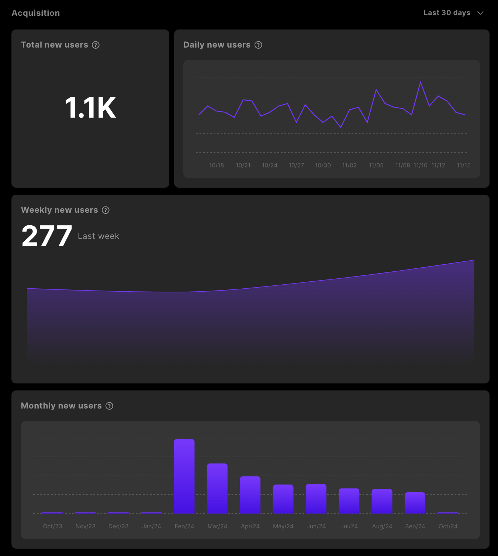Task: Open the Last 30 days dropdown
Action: coord(453,13)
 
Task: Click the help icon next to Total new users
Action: coord(96,45)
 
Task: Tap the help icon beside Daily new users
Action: coord(259,45)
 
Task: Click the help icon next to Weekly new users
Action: coord(106,210)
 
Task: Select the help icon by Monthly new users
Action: coord(110,406)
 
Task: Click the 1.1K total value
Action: coord(90,108)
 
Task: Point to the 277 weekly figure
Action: coord(47,236)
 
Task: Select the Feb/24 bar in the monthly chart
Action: coord(184,476)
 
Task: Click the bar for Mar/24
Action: coord(217,489)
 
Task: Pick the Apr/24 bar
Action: coord(250,495)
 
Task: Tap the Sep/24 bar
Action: coord(415,503)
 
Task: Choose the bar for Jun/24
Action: coord(316,499)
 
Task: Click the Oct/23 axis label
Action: coord(52,527)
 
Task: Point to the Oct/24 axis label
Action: coord(448,527)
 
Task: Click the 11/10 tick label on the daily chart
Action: coord(421,166)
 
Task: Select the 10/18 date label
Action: coord(217,166)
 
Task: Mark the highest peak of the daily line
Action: coord(421,82)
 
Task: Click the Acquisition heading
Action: coord(36,13)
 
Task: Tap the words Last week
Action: coord(98,236)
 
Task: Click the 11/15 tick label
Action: coord(464,166)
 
